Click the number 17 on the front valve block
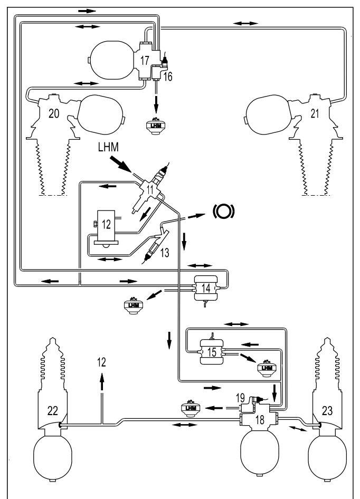click(145, 60)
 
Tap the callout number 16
click(168, 76)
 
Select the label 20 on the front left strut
click(54, 113)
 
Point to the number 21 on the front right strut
click(315, 113)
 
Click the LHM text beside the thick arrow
click(108, 147)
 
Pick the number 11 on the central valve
click(150, 189)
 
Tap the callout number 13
click(165, 253)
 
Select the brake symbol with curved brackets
click(224, 211)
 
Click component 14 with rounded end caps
click(206, 288)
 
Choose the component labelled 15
click(212, 352)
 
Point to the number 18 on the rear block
click(260, 420)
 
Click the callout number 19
click(240, 398)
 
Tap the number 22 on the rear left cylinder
click(53, 411)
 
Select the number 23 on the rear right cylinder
click(327, 411)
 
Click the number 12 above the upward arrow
click(101, 362)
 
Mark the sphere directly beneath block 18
click(259, 451)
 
